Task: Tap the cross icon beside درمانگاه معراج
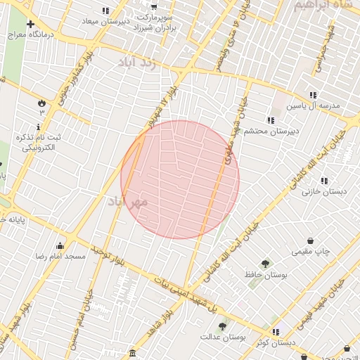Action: coord(30,25)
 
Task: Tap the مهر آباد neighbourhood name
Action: coord(128,202)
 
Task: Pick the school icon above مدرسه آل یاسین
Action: coord(313,95)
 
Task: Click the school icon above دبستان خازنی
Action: coord(323,181)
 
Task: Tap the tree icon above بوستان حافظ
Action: coord(265,264)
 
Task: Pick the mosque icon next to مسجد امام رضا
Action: coord(60,246)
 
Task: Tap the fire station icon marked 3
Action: coord(41,103)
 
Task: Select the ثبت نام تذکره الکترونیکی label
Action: coord(39,143)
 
